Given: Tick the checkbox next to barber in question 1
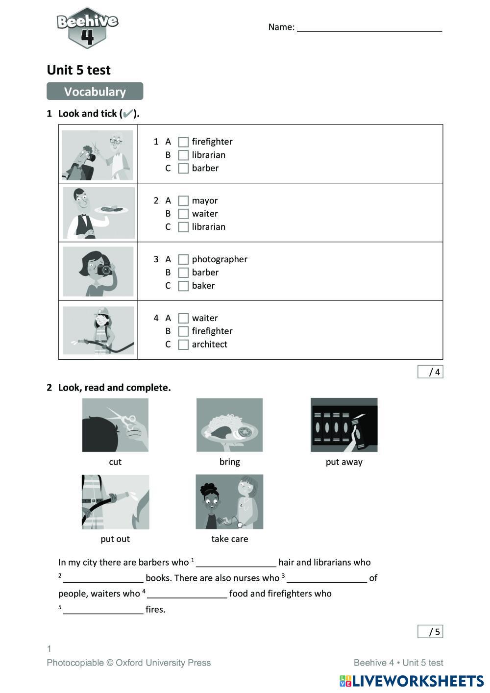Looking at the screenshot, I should tap(183, 169).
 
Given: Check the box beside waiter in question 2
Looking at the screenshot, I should tap(183, 214).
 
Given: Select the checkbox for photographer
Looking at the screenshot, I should tap(183, 260).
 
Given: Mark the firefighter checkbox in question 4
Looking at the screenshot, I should tap(183, 332).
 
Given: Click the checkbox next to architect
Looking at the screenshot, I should tap(183, 345).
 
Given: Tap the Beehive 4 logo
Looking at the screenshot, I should tap(87, 27).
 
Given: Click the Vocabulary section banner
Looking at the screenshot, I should tap(95, 92).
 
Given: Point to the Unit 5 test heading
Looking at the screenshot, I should tap(78, 70).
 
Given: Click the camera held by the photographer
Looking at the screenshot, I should tap(104, 270).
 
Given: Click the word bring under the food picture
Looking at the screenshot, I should tap(229, 462).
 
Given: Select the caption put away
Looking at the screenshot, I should tap(344, 462).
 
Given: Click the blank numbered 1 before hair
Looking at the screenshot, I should tap(236, 563).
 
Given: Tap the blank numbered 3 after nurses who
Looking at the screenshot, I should tap(327, 578).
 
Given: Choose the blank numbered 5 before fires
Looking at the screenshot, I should tap(103, 610).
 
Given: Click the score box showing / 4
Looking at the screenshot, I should tap(430, 372).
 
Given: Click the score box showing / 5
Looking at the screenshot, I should tap(430, 632).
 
